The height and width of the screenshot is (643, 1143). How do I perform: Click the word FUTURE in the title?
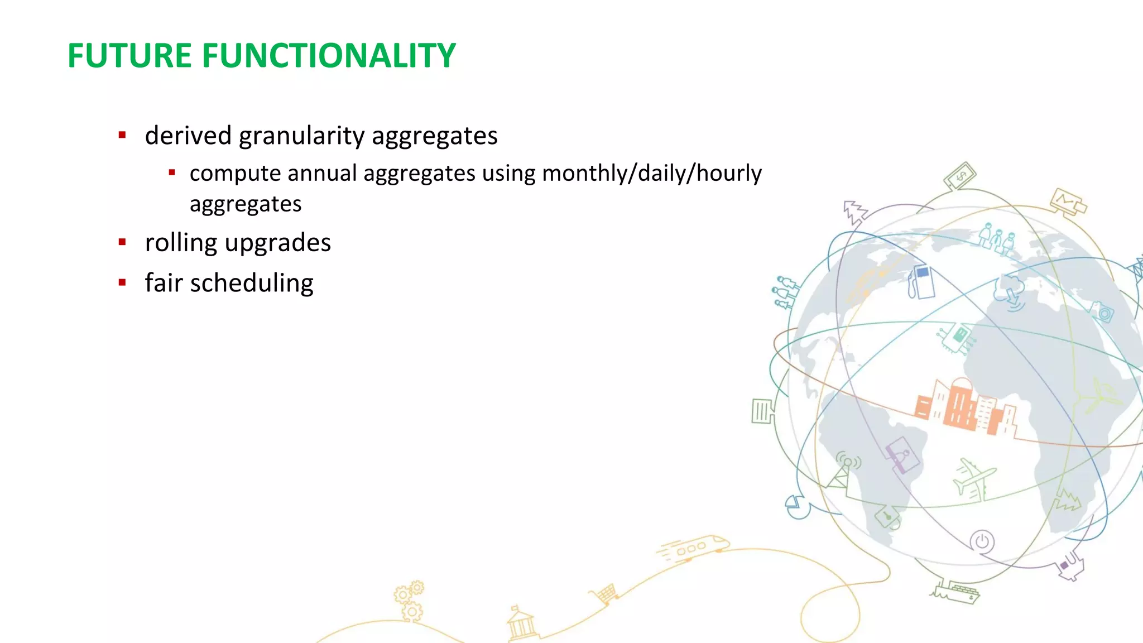[x=129, y=56]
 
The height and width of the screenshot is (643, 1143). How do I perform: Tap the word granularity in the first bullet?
[x=301, y=136]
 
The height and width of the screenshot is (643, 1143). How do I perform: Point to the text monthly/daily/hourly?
[x=651, y=174]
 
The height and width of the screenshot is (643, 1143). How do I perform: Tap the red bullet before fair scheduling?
[x=122, y=282]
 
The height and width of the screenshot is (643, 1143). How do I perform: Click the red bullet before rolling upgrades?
[x=122, y=242]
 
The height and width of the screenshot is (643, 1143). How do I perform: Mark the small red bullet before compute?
[x=172, y=173]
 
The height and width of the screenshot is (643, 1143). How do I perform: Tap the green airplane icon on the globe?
[x=973, y=477]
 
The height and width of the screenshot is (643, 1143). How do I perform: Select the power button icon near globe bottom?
[x=982, y=541]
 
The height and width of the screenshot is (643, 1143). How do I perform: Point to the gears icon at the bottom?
[x=410, y=601]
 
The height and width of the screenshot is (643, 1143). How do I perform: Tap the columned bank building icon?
[x=521, y=624]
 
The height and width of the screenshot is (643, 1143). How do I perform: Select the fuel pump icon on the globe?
[x=921, y=282]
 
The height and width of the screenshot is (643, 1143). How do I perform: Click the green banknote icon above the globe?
[x=960, y=176]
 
